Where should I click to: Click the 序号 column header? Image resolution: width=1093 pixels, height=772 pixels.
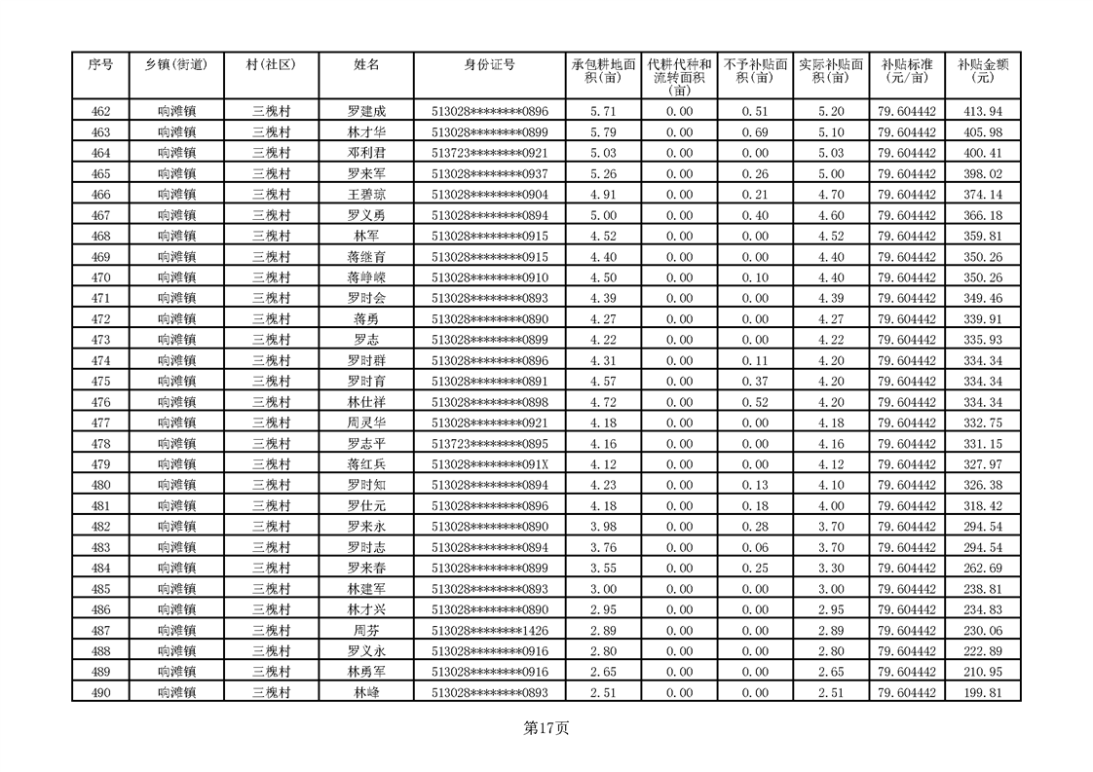tap(100, 65)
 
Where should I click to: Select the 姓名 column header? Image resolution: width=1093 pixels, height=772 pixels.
tap(366, 65)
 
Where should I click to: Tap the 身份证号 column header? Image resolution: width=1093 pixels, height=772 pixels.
tap(490, 65)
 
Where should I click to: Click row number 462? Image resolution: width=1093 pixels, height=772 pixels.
tap(100, 112)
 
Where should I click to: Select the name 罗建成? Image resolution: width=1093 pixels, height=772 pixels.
tap(366, 112)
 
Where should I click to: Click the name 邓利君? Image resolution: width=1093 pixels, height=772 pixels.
tap(366, 153)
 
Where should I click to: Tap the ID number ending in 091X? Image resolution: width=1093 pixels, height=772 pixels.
tap(490, 464)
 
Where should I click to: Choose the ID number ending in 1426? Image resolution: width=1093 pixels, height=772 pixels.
tap(490, 631)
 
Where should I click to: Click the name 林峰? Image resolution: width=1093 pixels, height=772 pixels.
tap(366, 693)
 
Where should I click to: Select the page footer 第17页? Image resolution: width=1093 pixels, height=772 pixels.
tap(546, 727)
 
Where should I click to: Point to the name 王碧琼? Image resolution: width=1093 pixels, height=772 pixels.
tap(366, 195)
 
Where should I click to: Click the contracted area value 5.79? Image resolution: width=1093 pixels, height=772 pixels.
tap(604, 132)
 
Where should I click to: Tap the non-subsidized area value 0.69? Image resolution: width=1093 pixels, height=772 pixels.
tap(755, 132)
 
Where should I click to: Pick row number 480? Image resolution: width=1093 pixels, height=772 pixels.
tap(100, 485)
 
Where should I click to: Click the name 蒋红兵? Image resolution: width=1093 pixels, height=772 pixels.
tap(366, 464)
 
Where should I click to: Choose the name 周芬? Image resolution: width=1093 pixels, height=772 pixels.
tap(366, 631)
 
